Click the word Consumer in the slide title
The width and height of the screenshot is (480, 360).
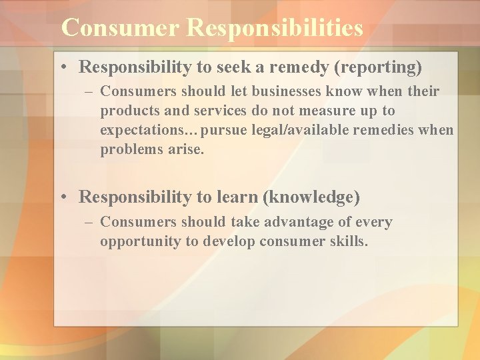(x=120, y=28)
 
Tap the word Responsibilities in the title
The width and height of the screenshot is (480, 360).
(x=275, y=28)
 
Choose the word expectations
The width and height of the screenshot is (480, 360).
(x=140, y=130)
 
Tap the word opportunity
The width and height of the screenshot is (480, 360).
(x=141, y=241)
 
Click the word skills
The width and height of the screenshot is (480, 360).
(x=346, y=241)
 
